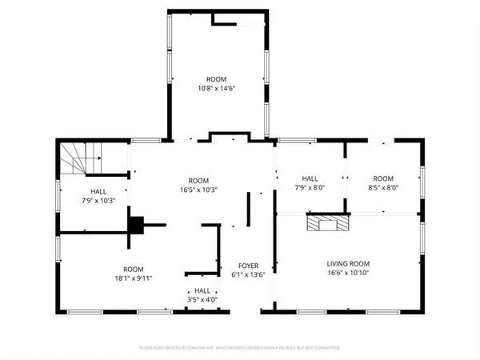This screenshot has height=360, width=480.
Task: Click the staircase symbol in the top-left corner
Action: (x=78, y=158)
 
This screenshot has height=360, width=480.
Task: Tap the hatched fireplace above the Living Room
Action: (x=330, y=222)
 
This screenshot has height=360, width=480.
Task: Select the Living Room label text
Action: (x=348, y=263)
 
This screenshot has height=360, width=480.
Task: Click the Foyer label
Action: (x=248, y=266)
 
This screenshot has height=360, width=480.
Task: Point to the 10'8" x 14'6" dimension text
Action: (x=216, y=88)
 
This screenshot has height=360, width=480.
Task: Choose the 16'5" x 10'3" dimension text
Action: (x=198, y=190)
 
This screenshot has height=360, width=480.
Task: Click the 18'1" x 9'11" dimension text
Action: (x=133, y=278)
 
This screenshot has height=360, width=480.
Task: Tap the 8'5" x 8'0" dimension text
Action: (x=383, y=187)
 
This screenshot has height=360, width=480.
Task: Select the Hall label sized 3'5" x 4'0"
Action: (x=202, y=291)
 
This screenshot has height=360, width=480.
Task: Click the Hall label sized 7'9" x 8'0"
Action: (x=310, y=178)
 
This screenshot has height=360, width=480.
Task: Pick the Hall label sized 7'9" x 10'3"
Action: (x=98, y=192)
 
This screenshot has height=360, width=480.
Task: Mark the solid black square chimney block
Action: (x=137, y=225)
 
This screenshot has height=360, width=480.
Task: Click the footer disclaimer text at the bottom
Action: (x=240, y=348)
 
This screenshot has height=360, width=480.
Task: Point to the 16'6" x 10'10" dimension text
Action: (x=348, y=273)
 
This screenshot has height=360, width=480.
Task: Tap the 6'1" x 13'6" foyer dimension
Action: (x=248, y=274)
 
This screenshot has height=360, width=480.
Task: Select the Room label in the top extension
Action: (x=216, y=79)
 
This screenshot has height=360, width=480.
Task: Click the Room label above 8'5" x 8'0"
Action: (x=383, y=178)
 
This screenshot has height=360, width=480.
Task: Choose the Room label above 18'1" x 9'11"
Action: (x=133, y=269)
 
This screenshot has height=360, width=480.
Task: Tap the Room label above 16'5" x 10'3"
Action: (x=198, y=181)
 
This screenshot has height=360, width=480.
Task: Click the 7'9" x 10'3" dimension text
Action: (x=98, y=201)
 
